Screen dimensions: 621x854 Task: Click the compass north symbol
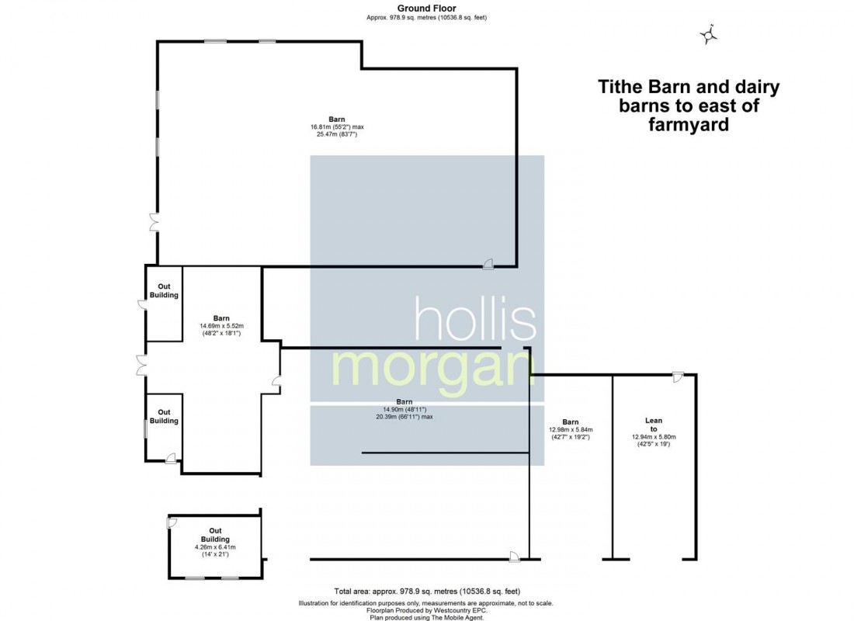[x=709, y=34]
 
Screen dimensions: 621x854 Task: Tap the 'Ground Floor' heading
[x=426, y=8]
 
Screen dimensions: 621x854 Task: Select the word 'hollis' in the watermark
[x=475, y=320]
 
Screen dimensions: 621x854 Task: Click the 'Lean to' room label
[x=654, y=425]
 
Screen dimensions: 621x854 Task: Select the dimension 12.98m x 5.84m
[x=571, y=429]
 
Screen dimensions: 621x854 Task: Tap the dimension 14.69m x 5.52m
[x=222, y=326]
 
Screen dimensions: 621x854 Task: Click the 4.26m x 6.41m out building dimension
[x=215, y=547]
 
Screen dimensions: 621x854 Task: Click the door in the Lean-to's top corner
[x=677, y=377]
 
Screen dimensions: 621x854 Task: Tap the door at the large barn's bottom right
[x=488, y=263]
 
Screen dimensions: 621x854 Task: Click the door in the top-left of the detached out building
[x=172, y=522]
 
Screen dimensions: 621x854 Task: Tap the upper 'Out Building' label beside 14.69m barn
[x=164, y=291]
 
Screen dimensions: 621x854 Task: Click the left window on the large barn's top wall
[x=215, y=42]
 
